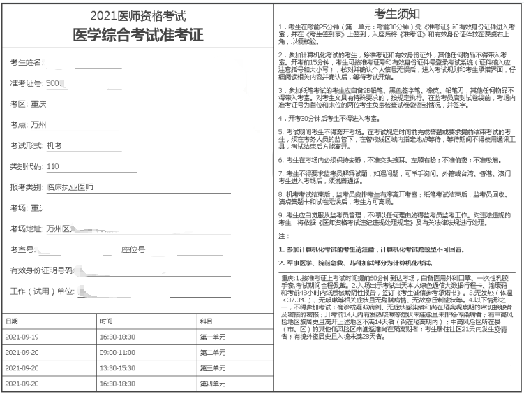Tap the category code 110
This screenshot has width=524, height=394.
coord(52,166)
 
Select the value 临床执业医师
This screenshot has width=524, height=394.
coord(69,187)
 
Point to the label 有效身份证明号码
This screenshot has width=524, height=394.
coord(41,270)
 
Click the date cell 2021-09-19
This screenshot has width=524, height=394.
coord(22,337)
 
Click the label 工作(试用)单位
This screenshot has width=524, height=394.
coord(41,290)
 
